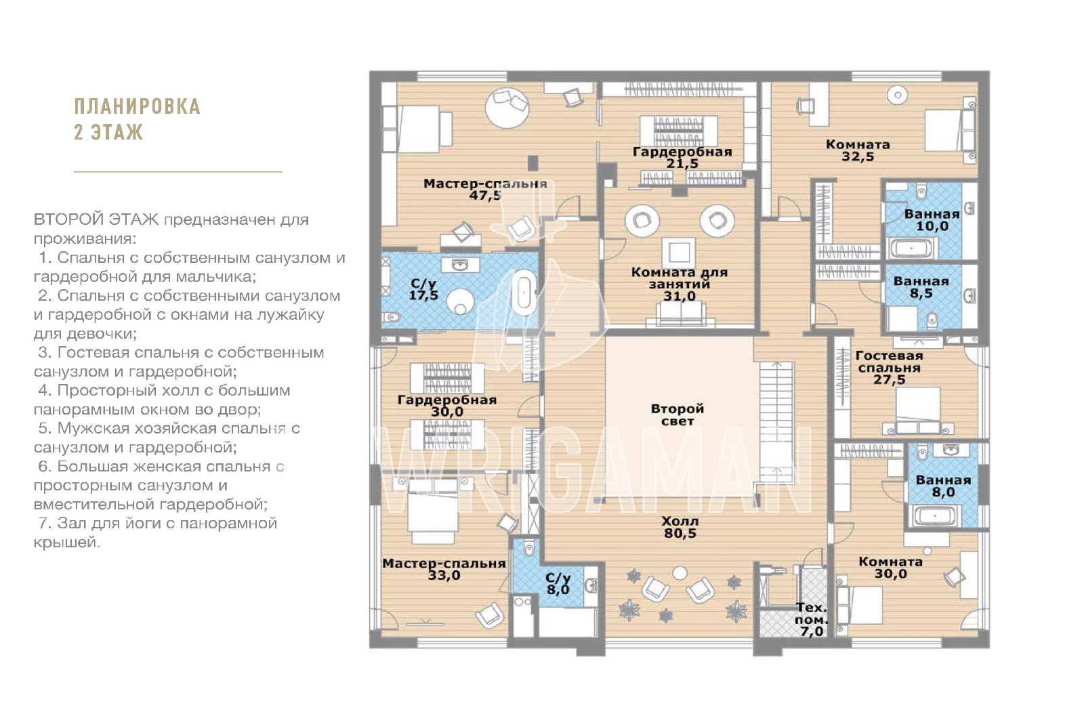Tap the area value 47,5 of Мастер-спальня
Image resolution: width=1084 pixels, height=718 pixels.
(x=485, y=196)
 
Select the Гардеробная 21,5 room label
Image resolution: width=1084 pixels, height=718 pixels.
(x=682, y=158)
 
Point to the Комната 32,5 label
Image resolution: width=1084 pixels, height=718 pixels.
(x=858, y=150)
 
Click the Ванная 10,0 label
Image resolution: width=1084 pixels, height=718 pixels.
(x=932, y=220)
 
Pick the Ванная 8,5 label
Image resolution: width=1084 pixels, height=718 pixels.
(x=921, y=287)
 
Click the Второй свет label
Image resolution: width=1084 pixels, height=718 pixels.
(x=677, y=415)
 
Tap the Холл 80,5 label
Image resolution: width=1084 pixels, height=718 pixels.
(x=680, y=528)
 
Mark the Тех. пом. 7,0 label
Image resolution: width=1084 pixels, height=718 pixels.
(x=812, y=619)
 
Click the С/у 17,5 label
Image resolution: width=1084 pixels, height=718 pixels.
(x=423, y=289)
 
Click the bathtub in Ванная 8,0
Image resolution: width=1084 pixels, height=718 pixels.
(x=934, y=517)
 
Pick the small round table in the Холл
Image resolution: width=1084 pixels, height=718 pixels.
(x=680, y=573)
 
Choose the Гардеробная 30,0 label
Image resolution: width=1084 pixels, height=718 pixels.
(x=447, y=406)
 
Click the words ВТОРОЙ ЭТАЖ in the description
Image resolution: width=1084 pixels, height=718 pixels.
(x=96, y=219)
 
